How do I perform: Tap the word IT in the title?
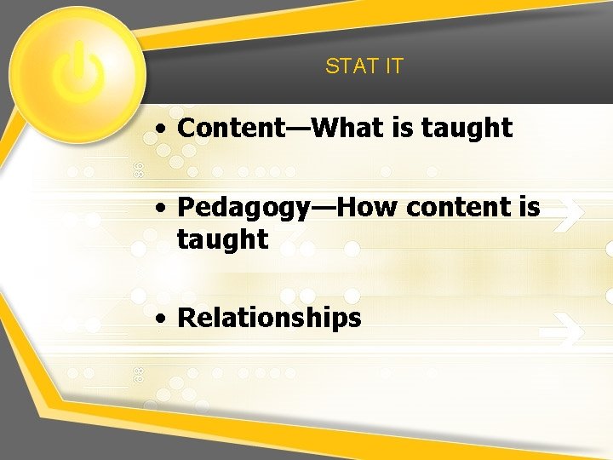393,66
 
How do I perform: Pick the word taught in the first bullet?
467,129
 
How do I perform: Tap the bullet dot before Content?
161,129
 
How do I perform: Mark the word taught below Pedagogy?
222,239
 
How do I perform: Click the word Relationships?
269,319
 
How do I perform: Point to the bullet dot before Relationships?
161,319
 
